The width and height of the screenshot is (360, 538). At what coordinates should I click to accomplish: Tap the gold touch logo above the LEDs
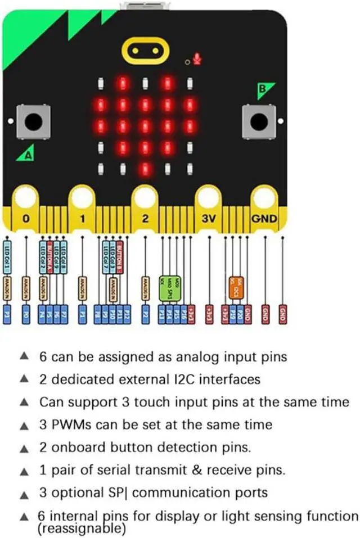point(145,51)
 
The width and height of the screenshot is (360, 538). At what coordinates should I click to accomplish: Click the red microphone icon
point(197,58)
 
